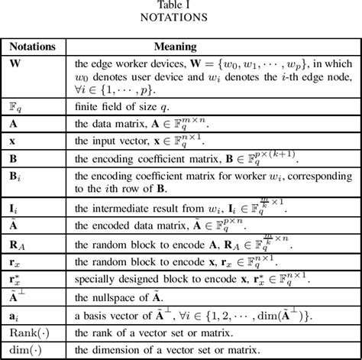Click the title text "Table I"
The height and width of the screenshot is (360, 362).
(181, 6)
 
